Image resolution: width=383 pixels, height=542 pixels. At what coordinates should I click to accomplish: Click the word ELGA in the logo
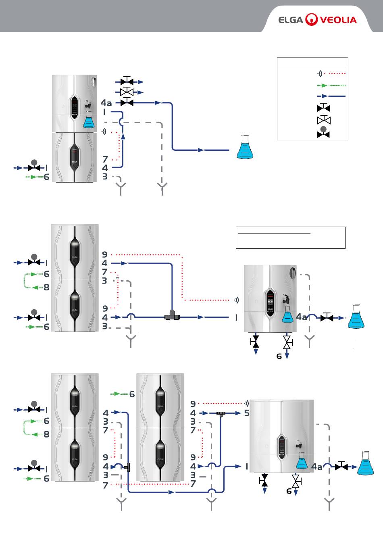291,20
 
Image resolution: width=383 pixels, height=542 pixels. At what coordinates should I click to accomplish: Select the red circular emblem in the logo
311,19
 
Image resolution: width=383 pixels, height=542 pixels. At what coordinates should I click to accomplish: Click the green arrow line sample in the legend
331,85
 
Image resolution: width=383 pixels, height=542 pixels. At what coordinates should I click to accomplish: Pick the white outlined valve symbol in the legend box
324,119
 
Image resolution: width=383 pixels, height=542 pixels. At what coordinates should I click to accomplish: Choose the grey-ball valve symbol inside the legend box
323,132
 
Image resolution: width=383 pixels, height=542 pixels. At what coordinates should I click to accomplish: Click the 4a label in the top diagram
106,103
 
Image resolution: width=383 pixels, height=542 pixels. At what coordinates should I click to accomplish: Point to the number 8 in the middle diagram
46,287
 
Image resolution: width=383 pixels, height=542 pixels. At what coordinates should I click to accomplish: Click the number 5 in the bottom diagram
247,413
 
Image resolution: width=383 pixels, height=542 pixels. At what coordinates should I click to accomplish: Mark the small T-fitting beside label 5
221,414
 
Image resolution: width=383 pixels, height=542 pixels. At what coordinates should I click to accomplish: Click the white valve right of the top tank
127,92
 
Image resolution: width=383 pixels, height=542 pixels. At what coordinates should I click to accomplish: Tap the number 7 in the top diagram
105,159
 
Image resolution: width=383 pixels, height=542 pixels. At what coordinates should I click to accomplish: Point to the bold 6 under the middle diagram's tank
279,356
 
